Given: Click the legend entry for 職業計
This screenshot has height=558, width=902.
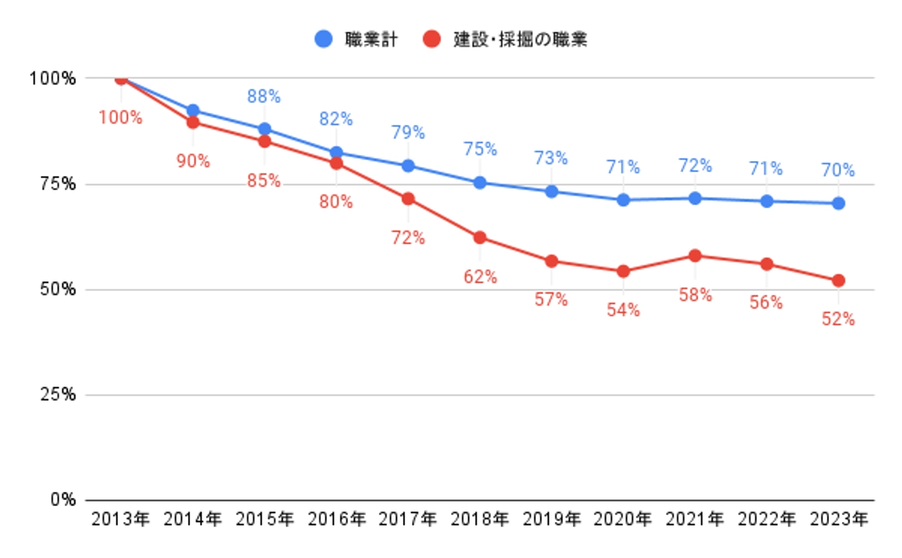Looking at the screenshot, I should pyautogui.click(x=355, y=39).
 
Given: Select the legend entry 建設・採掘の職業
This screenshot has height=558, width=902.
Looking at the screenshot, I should pyautogui.click(x=505, y=39).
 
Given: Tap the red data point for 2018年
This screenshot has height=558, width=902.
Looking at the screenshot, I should pyautogui.click(x=480, y=238).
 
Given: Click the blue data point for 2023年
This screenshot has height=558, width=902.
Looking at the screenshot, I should pyautogui.click(x=838, y=203).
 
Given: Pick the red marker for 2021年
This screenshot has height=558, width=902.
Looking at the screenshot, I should pyautogui.click(x=695, y=256).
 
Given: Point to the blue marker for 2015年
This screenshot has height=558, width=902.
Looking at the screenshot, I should pyautogui.click(x=265, y=129).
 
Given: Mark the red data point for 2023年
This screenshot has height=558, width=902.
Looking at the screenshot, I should pyautogui.click(x=838, y=281).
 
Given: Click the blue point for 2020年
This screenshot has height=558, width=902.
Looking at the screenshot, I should pyautogui.click(x=623, y=200).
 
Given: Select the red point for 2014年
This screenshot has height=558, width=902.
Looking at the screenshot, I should pyautogui.click(x=193, y=122).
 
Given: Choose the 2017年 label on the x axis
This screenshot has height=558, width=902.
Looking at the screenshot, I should pyautogui.click(x=408, y=520).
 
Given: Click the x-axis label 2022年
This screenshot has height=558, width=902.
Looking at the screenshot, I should pyautogui.click(x=767, y=520).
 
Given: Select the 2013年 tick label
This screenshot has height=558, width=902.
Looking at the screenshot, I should pyautogui.click(x=121, y=520).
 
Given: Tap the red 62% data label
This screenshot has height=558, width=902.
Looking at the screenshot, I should pyautogui.click(x=480, y=277).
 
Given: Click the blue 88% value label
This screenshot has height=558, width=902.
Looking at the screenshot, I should pyautogui.click(x=264, y=96).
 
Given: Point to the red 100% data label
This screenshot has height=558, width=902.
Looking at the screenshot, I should pyautogui.click(x=121, y=117).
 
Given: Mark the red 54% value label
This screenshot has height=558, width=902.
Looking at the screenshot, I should pyautogui.click(x=623, y=310).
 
